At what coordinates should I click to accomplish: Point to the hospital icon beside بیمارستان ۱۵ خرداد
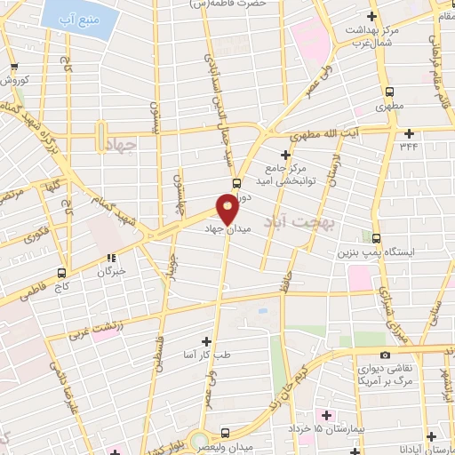pyautogui.click(x=326, y=415)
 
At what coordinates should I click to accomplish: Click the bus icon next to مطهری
pyautogui.click(x=389, y=92)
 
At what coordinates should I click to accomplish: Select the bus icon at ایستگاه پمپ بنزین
pyautogui.click(x=377, y=238)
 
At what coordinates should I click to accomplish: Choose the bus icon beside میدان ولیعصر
pyautogui.click(x=224, y=433)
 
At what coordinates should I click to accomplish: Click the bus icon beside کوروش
pyautogui.click(x=12, y=67)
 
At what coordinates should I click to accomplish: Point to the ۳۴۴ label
pyautogui.click(x=409, y=146)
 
